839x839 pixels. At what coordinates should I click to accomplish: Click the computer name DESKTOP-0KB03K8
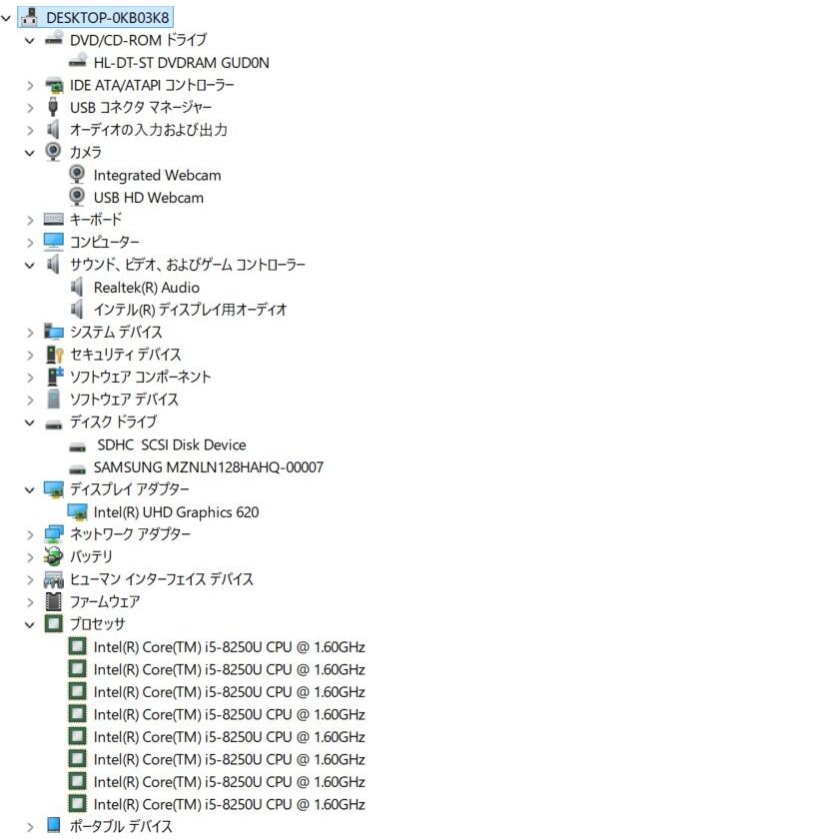coord(108,18)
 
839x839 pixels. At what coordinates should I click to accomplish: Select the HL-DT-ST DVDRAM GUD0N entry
coord(182,63)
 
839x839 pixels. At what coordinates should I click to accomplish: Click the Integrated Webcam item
coord(158,175)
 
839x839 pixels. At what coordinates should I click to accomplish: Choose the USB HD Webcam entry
coord(149,198)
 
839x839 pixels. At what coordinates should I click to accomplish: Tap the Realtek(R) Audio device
coord(147,288)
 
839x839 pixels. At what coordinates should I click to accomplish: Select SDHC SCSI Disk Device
coord(171,444)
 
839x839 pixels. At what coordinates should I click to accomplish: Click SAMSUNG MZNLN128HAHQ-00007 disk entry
coord(209,467)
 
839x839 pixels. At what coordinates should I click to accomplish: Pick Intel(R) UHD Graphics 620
coord(176,512)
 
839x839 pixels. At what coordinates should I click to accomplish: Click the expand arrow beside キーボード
coord(30,220)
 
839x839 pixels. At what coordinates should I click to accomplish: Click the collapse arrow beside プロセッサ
coord(30,624)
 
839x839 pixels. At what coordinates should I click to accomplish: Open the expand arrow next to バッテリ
coord(30,557)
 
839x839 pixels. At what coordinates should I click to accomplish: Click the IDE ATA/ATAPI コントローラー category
coord(152,85)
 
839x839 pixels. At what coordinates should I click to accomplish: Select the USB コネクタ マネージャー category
coord(141,108)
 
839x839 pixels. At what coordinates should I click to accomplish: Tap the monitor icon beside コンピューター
coord(54,242)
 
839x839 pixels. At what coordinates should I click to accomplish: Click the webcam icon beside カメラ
coord(53,152)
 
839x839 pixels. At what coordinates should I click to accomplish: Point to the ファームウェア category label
coord(105,602)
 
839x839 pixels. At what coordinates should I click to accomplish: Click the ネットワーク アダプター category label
coord(130,534)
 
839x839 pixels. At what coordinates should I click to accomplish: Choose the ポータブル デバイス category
coord(121,826)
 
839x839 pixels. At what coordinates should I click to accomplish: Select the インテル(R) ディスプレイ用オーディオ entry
coord(190,310)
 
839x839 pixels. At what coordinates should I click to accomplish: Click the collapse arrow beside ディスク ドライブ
coord(30,422)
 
